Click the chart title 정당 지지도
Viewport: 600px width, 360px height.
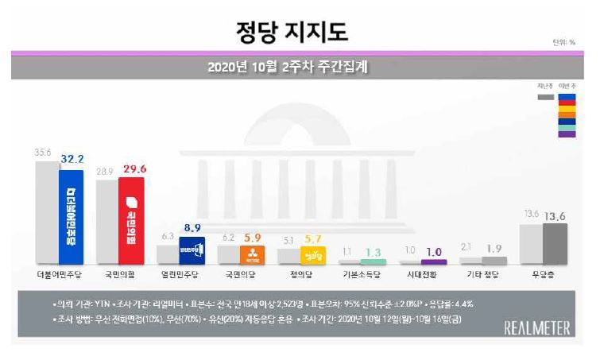(292, 33)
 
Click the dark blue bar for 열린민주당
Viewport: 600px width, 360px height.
(192, 250)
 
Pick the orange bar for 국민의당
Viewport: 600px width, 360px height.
(253, 254)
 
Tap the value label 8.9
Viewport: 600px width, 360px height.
(192, 227)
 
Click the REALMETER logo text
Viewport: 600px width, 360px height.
(538, 327)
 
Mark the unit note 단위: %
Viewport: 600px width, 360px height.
(563, 42)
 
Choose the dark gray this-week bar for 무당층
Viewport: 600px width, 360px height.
(555, 243)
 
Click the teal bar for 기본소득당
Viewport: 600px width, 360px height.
(374, 261)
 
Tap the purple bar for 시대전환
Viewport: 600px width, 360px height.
(434, 261)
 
